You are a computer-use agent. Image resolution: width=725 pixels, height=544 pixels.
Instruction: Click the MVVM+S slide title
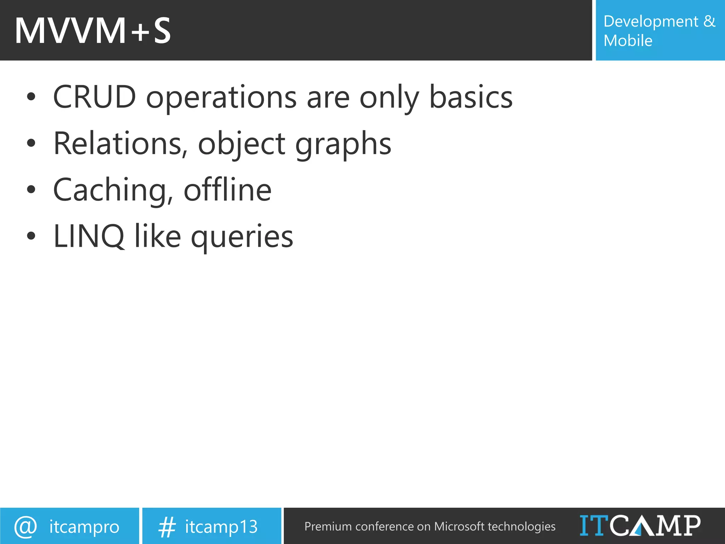(x=93, y=31)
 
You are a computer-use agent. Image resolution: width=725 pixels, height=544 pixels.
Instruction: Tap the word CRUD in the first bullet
(x=95, y=97)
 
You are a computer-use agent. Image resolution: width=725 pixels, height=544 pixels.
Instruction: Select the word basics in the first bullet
(x=470, y=97)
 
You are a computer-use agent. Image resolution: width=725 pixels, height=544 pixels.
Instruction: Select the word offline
(x=228, y=190)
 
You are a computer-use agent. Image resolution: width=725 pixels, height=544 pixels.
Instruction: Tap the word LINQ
(x=89, y=237)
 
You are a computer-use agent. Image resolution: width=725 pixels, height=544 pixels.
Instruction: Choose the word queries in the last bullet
(x=242, y=238)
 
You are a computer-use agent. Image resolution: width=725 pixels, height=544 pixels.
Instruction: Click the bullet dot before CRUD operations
(x=31, y=97)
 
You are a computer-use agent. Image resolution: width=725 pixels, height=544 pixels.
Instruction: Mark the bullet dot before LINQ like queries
(x=31, y=236)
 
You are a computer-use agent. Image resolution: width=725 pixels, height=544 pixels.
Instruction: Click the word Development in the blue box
(x=651, y=22)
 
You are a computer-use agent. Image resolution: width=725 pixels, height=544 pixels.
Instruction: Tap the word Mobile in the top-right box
(x=628, y=41)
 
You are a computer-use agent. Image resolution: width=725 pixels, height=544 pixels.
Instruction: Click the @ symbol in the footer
(x=25, y=526)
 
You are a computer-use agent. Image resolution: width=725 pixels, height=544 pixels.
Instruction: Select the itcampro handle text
(x=84, y=527)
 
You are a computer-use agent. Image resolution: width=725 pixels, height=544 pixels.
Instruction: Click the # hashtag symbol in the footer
(x=167, y=527)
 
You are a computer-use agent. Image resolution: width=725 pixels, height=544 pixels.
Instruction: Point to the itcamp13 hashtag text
(x=221, y=527)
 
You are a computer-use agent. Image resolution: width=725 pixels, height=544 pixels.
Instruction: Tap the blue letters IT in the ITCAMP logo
(x=594, y=525)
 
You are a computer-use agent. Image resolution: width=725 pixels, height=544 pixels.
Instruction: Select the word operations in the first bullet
(x=221, y=98)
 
